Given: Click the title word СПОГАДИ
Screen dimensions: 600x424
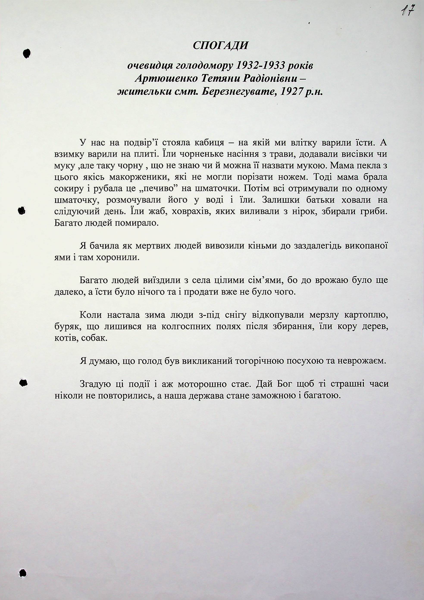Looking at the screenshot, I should [x=220, y=46].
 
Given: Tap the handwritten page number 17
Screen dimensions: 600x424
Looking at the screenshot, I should [x=408, y=11].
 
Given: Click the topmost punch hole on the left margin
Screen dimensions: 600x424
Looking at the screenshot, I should [x=26, y=53].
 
